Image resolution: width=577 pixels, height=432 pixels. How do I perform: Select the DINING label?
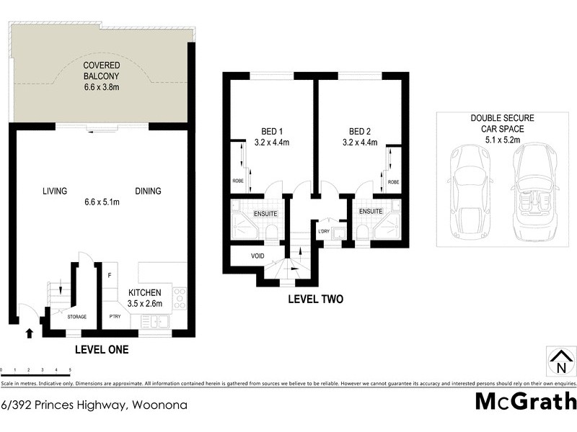point(147,191)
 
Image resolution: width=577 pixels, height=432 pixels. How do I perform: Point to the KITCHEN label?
point(145,293)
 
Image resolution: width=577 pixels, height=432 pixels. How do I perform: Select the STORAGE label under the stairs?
point(76,316)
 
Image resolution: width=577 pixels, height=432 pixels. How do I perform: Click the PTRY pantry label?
point(115,316)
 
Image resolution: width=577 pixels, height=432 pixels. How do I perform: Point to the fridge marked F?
point(110,275)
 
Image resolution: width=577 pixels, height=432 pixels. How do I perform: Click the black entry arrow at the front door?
point(29,333)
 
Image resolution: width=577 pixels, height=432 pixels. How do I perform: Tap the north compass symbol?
point(560,360)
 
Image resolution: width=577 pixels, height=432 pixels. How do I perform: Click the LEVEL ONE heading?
point(102,350)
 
